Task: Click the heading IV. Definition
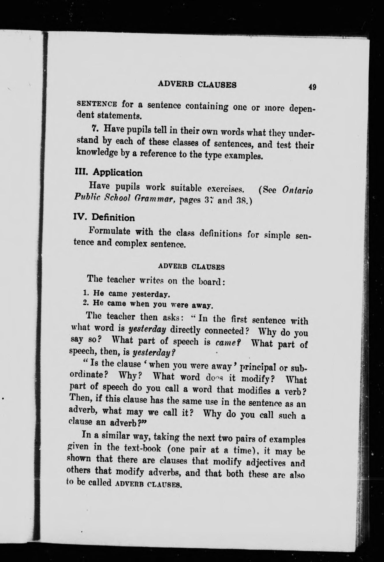104,217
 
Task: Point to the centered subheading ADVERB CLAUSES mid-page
191,266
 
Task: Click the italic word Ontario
297,191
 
